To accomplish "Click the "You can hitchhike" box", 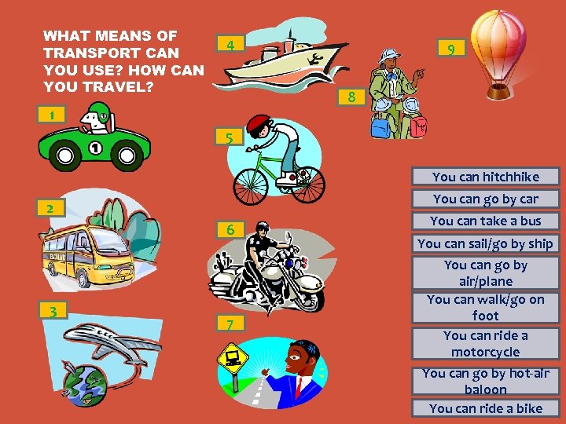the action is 486,177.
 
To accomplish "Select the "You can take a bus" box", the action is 486,221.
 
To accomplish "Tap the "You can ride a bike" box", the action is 486,408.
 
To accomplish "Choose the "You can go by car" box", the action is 486,199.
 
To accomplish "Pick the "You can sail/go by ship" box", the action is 486,243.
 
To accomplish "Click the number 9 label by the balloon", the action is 451,48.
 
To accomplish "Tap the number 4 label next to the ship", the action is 230,43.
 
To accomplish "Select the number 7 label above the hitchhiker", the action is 230,323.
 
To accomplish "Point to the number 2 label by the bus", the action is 50,208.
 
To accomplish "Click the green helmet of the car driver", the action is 99,111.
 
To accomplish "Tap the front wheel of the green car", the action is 65,155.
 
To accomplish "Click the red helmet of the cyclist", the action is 258,124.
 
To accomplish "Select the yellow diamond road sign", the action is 233,359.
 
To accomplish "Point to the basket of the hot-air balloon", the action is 498,92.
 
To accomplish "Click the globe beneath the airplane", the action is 85,385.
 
